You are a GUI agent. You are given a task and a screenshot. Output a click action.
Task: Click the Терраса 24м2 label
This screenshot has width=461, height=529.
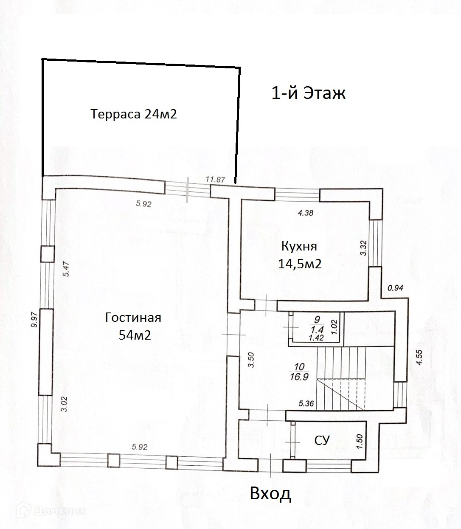pos(134,114)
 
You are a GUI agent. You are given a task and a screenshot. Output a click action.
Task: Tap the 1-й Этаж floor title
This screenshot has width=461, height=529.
pos(308,93)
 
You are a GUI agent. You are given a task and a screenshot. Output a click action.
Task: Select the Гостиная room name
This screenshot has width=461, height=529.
pos(133,318)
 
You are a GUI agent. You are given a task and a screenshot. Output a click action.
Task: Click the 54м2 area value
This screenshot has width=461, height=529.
pos(135,335)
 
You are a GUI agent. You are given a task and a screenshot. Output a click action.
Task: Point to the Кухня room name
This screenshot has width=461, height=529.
pos(299,246)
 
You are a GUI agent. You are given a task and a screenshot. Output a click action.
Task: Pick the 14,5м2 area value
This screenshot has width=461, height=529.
pos(300,264)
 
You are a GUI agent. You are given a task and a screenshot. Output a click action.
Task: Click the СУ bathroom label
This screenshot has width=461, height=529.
pos(322,441)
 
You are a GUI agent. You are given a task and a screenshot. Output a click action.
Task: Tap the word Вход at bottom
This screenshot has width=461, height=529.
pos(270,494)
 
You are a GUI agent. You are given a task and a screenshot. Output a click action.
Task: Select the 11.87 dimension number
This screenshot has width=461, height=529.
pos(215,179)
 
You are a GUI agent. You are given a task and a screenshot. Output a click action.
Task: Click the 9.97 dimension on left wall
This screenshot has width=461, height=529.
pos(34,320)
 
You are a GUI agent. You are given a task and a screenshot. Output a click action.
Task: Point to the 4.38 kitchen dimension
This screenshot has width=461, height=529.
pos(306,213)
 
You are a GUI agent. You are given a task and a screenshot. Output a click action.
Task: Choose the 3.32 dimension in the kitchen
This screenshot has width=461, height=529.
pos(363,248)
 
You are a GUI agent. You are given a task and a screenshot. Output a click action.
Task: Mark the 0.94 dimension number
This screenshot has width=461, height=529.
pos(395,288)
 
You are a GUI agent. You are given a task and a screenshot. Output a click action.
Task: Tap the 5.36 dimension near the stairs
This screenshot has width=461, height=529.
pos(306,404)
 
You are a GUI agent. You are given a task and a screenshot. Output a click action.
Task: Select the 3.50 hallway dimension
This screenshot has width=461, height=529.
pos(251,360)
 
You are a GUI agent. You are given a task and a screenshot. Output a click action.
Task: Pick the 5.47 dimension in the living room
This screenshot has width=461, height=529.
pos(66,269)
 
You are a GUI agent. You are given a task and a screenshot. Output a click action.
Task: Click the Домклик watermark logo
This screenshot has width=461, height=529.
pos(51,517)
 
